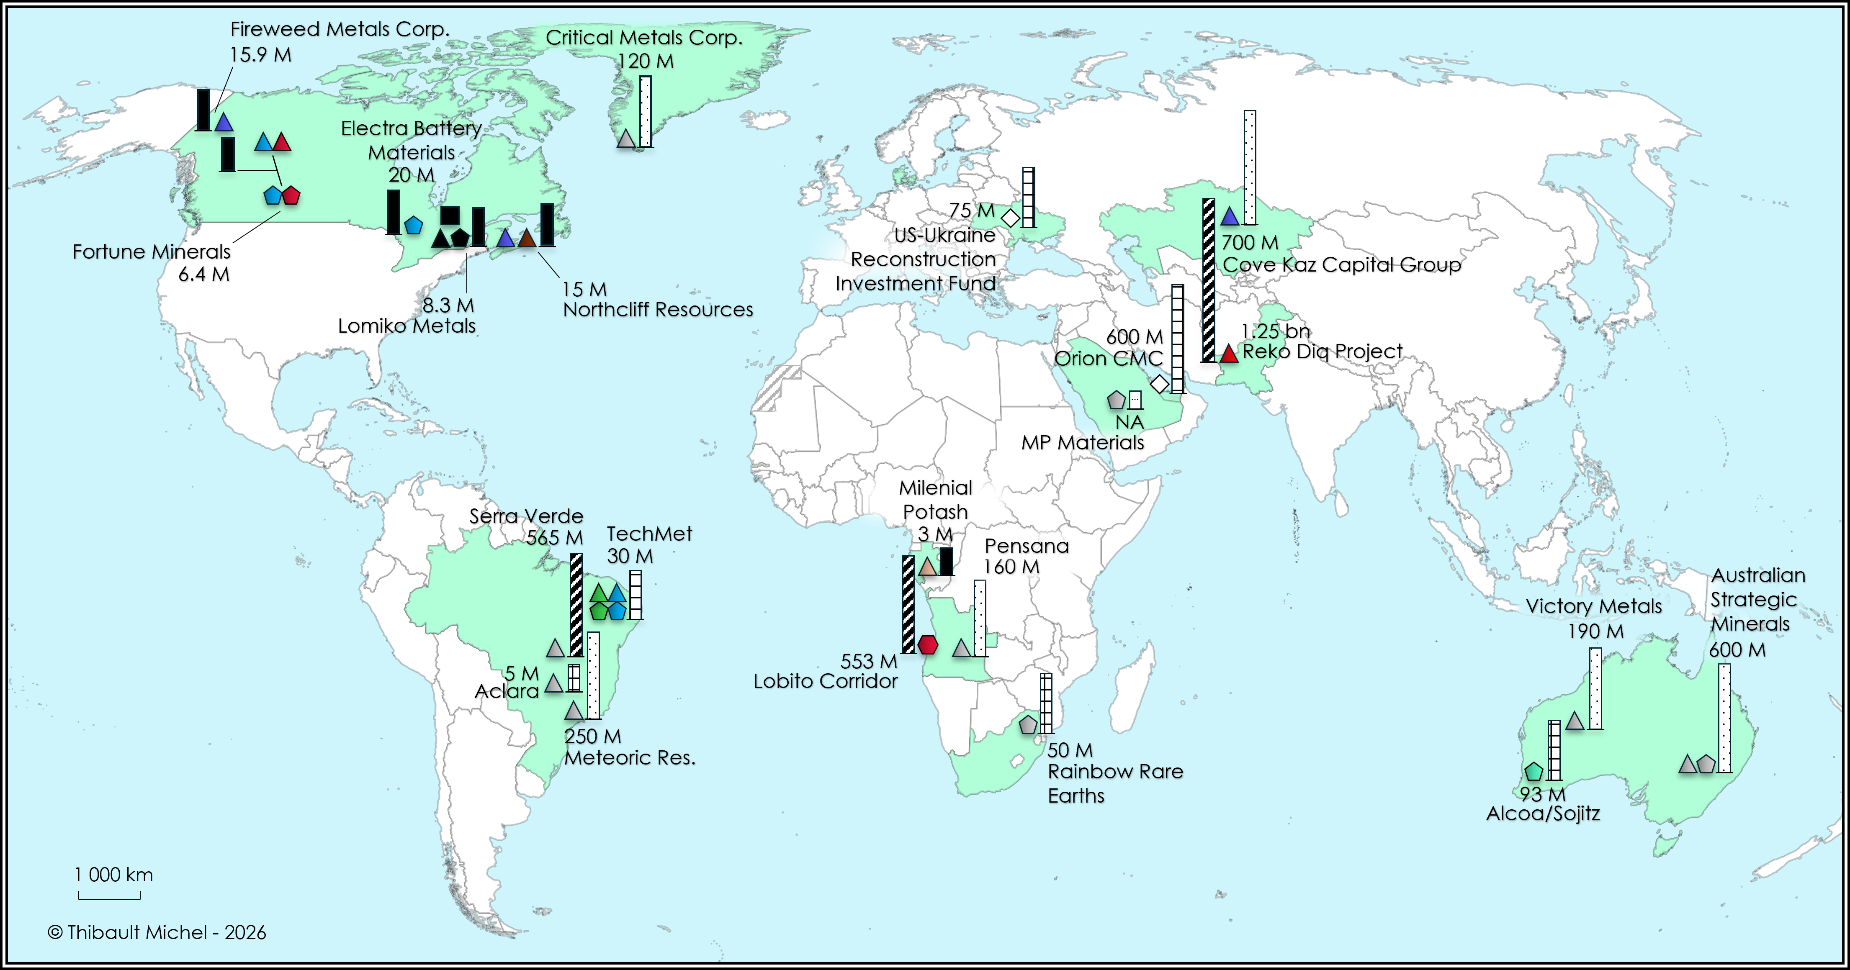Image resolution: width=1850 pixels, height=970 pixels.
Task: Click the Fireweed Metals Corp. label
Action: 340,29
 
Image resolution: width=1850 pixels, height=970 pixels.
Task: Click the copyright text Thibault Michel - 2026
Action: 157,932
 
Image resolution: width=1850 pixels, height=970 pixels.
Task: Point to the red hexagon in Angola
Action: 928,644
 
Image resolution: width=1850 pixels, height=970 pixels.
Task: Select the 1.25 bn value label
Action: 1276,331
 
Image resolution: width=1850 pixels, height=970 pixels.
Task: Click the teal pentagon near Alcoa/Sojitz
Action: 1533,771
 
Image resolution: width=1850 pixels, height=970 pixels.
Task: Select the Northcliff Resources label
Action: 658,309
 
